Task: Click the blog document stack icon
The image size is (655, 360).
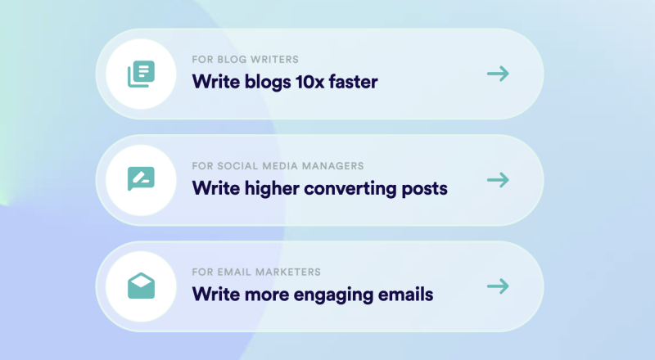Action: (141, 74)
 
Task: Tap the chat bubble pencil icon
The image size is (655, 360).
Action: (141, 178)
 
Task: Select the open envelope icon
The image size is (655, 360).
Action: (141, 286)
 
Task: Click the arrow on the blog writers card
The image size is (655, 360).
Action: (498, 74)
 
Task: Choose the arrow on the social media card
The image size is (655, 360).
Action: (498, 180)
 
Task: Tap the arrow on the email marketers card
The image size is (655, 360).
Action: (498, 286)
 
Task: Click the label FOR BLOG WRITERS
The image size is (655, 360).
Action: (245, 59)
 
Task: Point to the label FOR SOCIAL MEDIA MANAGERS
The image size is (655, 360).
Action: (278, 166)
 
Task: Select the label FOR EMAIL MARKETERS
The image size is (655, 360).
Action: (256, 272)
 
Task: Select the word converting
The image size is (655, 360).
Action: (350, 189)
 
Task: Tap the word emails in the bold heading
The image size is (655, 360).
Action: (405, 295)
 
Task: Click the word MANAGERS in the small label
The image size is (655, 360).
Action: (333, 166)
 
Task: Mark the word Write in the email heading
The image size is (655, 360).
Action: (216, 295)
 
